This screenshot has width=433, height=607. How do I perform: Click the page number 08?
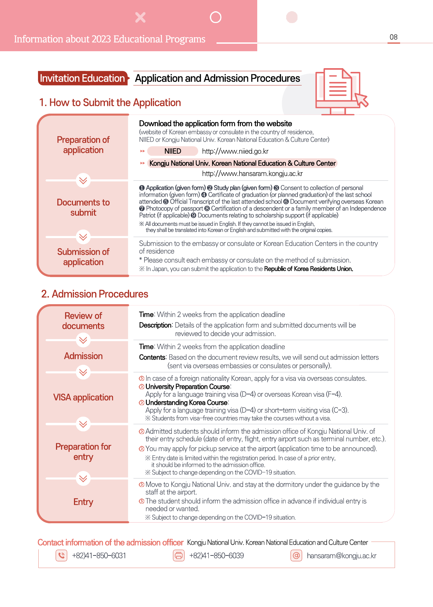(x=394, y=37)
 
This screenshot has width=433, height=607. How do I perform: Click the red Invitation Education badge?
(x=82, y=78)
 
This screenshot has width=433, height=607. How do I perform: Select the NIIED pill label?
(x=173, y=151)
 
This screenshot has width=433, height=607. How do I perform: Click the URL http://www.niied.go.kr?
(x=235, y=151)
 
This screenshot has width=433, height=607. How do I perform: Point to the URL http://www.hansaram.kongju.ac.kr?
(x=252, y=174)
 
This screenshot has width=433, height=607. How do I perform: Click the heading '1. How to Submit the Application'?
(x=110, y=102)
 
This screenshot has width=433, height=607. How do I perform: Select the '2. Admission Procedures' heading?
(x=95, y=294)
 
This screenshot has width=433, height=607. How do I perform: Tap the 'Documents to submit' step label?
(x=83, y=208)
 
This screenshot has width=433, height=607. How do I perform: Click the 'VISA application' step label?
(x=83, y=397)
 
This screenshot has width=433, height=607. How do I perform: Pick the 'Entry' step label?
(x=83, y=502)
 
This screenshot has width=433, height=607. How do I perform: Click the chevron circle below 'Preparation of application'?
(x=83, y=180)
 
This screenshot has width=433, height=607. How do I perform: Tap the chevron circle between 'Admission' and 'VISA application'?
(x=83, y=372)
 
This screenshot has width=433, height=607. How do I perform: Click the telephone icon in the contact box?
(x=61, y=555)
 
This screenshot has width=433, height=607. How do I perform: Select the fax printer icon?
(x=179, y=555)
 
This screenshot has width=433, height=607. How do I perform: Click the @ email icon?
(x=296, y=555)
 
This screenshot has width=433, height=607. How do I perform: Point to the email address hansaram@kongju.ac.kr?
(x=341, y=556)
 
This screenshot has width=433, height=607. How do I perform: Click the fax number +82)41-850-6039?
(x=216, y=556)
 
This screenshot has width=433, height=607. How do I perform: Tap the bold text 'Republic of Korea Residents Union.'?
(x=308, y=269)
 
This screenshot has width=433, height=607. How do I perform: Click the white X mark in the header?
(x=140, y=17)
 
